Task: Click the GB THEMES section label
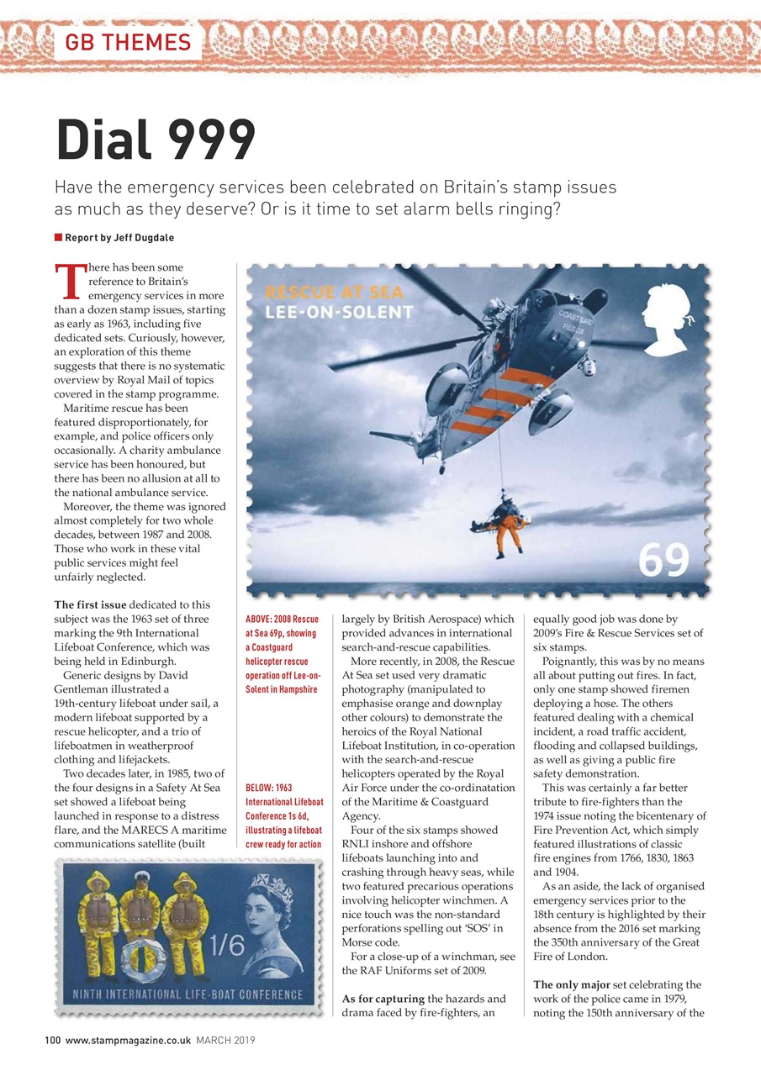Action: pyautogui.click(x=128, y=41)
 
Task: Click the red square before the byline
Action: pyautogui.click(x=58, y=238)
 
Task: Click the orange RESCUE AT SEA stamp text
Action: pyautogui.click(x=334, y=293)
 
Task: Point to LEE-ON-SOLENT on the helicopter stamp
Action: pyautogui.click(x=339, y=313)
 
